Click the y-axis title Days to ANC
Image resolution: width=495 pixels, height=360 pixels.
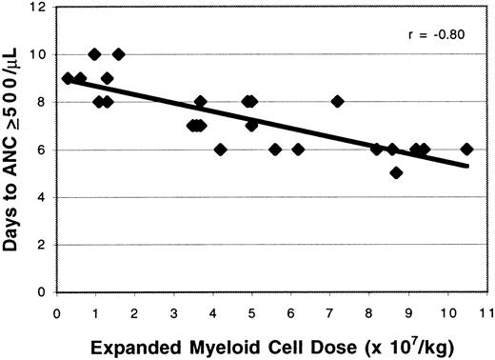(x=18, y=149)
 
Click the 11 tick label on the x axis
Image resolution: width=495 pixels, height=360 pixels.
(x=485, y=309)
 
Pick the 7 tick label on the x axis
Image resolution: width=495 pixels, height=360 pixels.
(x=329, y=309)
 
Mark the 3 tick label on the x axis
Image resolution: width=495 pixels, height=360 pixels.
(x=174, y=309)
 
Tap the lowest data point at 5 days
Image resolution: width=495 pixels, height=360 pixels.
(x=396, y=172)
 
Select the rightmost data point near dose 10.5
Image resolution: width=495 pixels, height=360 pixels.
(x=466, y=149)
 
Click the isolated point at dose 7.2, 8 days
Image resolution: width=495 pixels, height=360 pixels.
(x=337, y=102)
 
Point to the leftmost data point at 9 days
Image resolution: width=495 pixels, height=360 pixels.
(x=68, y=78)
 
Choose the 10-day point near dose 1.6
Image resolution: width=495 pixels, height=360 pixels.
(x=118, y=54)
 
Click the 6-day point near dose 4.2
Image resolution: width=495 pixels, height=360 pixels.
(x=220, y=149)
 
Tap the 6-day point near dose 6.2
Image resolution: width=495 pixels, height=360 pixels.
(x=298, y=149)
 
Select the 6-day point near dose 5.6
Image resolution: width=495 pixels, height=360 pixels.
(x=275, y=149)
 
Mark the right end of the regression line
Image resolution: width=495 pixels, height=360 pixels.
(x=468, y=166)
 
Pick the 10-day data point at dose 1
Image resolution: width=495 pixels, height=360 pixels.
(x=94, y=54)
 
